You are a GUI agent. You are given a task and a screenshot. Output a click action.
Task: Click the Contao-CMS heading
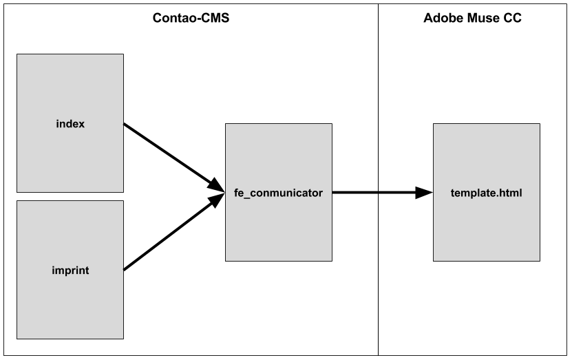[191, 18]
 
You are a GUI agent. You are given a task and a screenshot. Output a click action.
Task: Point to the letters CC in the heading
[513, 18]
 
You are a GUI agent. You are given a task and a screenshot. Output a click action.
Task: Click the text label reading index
[70, 124]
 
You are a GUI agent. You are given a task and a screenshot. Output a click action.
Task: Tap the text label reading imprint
[70, 271]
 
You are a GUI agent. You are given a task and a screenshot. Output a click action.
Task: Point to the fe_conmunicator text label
[278, 193]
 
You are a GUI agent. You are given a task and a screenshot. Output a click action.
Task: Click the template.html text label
[486, 193]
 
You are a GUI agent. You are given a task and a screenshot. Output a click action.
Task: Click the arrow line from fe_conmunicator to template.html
[383, 192]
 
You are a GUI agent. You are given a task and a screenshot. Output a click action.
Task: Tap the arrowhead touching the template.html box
[424, 192]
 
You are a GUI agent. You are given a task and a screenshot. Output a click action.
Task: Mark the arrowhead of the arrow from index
[216, 185]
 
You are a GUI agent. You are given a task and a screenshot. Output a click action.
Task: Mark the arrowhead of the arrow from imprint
[216, 200]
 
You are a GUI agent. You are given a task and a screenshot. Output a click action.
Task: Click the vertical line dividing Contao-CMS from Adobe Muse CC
[379, 180]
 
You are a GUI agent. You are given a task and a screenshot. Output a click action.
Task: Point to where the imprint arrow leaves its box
[124, 271]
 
